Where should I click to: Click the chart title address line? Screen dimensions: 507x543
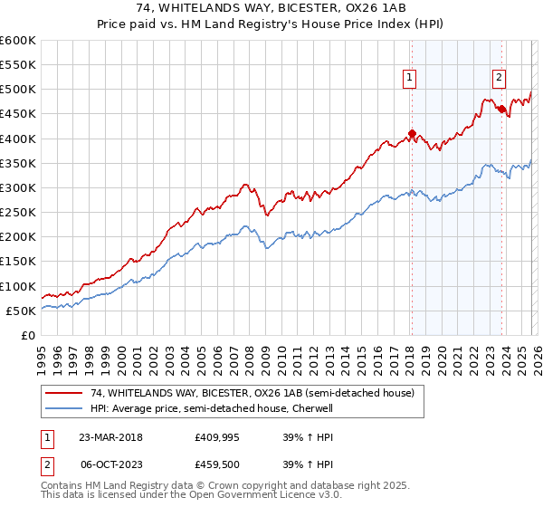271,8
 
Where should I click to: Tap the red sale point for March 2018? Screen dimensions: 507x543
411,134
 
